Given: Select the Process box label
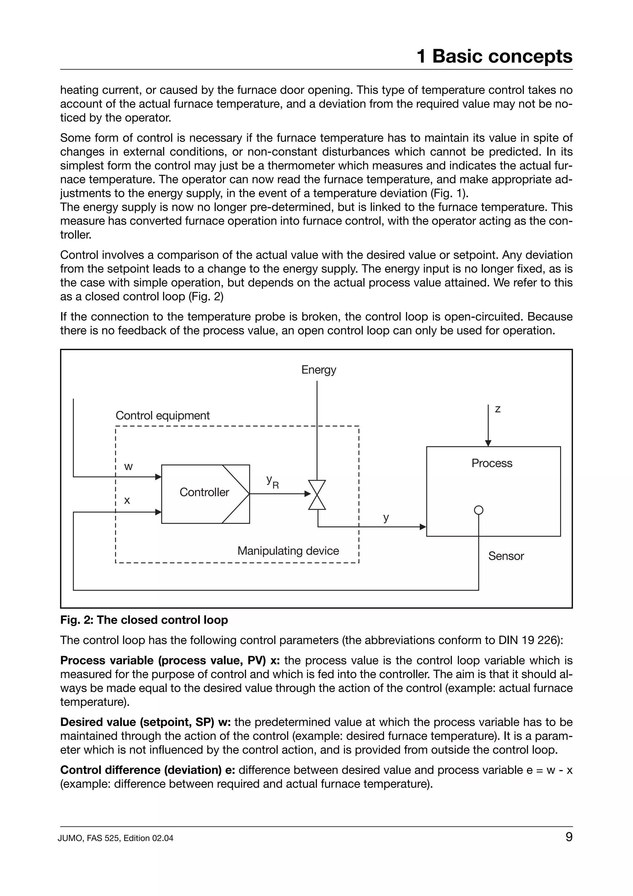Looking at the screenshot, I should tap(491, 463).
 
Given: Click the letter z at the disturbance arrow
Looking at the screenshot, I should tap(497, 409).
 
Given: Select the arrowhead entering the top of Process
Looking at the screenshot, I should tap(488, 443).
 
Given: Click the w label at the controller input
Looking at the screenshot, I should tap(128, 467).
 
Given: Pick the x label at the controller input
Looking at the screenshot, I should tap(127, 500).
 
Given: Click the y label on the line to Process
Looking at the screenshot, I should tap(386, 518).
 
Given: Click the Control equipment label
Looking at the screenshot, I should tap(162, 415).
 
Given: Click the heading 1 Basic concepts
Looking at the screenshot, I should tap(494, 56).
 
